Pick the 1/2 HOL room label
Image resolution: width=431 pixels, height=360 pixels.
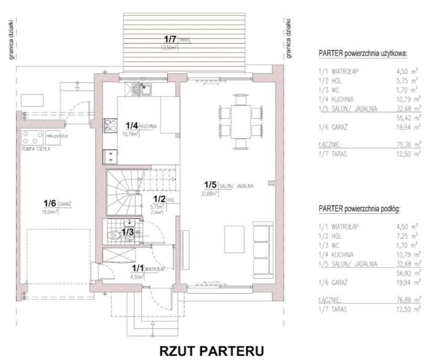point(163,200)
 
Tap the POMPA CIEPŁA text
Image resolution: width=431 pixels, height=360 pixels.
point(35,149)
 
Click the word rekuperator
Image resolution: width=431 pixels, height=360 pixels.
point(58,135)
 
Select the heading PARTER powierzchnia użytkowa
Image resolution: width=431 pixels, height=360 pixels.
point(363,54)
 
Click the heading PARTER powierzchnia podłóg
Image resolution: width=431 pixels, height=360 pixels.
point(360,208)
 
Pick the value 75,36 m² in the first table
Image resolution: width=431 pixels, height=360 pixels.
point(408,143)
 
